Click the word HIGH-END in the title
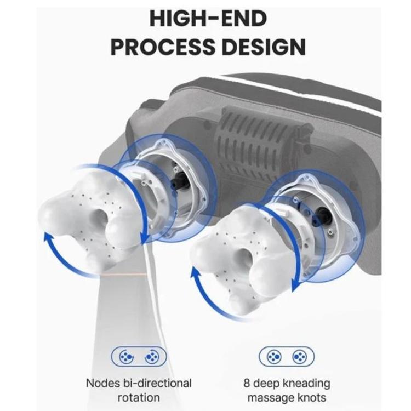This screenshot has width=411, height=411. [208, 19]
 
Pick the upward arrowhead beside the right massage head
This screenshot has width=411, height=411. [195, 272]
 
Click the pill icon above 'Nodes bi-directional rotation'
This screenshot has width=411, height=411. [139, 357]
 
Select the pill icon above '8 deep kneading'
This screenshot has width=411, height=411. [287, 357]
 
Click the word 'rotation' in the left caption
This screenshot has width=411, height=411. [139, 398]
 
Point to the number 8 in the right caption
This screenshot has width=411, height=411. [247, 383]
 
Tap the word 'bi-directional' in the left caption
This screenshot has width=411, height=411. [157, 383]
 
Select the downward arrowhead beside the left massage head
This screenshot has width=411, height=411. [145, 238]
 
